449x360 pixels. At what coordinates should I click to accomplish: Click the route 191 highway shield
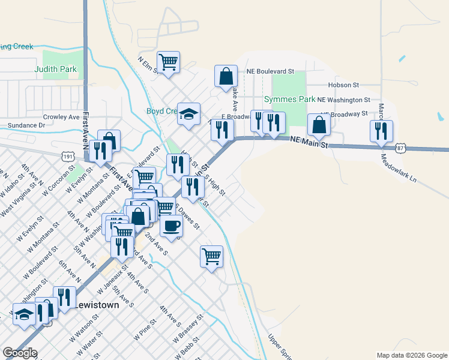pos(68,156)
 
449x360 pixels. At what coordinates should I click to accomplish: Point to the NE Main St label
pos(309,142)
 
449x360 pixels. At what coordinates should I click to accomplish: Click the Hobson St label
pos(343,85)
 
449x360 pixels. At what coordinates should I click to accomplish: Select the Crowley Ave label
pos(61,117)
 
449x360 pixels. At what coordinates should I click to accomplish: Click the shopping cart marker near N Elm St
pos(169,62)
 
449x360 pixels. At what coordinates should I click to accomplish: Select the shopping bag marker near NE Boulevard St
pos(226,76)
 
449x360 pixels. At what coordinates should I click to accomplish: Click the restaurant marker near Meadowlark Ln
pos(381,131)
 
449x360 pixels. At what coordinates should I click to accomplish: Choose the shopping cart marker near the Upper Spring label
pos(211,257)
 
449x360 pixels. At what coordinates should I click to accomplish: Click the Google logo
pos(20,353)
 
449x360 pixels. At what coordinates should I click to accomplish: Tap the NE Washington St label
pos(344,100)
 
